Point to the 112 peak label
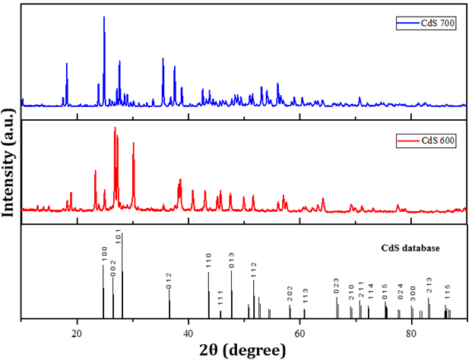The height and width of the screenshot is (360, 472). (254, 270)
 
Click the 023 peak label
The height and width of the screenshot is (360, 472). (337, 284)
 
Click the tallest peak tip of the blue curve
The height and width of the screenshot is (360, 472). (104, 17)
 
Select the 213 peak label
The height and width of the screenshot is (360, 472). (429, 286)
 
